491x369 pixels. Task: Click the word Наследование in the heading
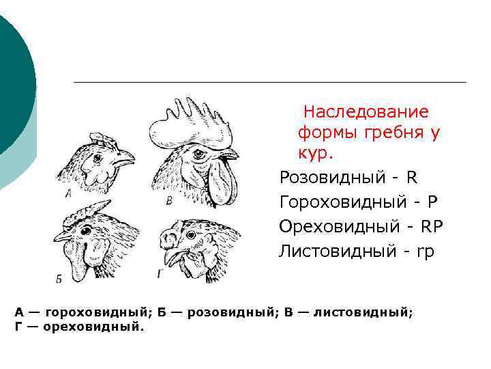(366, 111)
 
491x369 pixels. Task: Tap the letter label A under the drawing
(68, 193)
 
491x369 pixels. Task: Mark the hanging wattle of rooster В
(222, 183)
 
